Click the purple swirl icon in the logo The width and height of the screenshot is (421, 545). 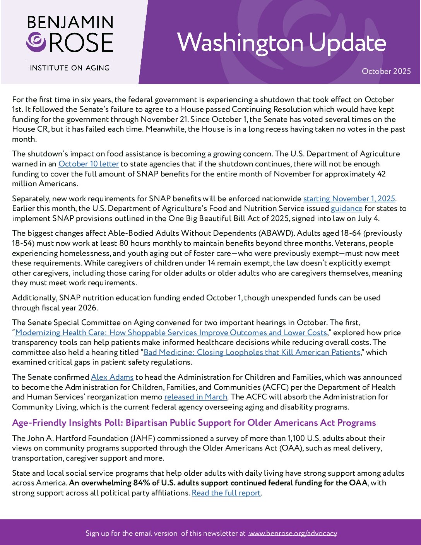[x=36, y=42]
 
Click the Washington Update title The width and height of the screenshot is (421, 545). [x=281, y=43]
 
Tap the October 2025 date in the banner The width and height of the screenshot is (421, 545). [x=386, y=71]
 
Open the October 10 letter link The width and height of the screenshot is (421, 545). [x=89, y=164]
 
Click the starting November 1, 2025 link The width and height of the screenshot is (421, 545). [x=349, y=199]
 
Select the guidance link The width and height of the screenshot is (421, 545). [x=346, y=209]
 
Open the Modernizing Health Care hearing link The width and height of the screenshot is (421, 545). [x=171, y=333]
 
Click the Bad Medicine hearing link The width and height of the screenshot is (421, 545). [x=252, y=353]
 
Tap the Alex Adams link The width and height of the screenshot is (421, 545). [x=112, y=377]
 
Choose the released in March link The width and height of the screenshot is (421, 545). [x=196, y=397]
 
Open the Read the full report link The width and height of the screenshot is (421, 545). [x=226, y=493]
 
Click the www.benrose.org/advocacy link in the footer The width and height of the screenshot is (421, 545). [x=293, y=533]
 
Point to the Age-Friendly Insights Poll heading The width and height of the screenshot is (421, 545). [x=194, y=423]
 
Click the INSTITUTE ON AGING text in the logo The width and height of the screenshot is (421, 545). [x=70, y=68]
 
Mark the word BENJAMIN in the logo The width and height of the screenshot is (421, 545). [x=70, y=22]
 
